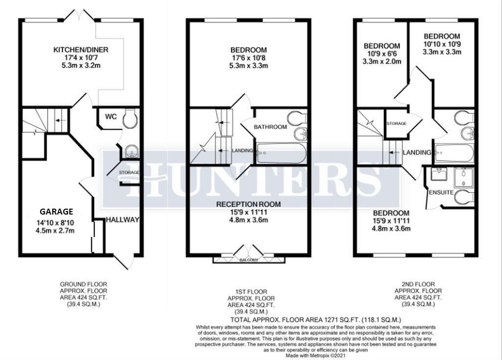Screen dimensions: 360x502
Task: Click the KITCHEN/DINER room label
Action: tap(81, 50)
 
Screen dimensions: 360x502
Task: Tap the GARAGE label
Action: tap(57, 212)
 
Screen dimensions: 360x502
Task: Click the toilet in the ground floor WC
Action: tap(129, 120)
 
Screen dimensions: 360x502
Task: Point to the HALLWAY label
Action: tap(123, 220)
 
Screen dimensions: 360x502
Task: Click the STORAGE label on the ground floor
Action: tap(129, 172)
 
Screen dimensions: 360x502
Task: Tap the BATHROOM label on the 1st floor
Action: tap(270, 127)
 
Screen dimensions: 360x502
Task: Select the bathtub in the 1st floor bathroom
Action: tap(281, 153)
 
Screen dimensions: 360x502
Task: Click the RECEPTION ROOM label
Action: tap(249, 204)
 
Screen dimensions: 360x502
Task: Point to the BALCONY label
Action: tap(249, 260)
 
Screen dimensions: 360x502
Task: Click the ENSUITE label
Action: tap(441, 192)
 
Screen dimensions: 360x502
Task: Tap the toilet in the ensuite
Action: tap(464, 197)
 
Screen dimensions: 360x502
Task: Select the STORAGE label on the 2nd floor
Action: tap(397, 123)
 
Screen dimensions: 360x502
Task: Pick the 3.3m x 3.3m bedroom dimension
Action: tap(442, 52)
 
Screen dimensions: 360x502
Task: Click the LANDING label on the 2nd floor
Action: tap(417, 153)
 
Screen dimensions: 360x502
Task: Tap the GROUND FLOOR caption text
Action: tap(83, 284)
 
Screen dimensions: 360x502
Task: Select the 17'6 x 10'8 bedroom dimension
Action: tap(249, 58)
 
